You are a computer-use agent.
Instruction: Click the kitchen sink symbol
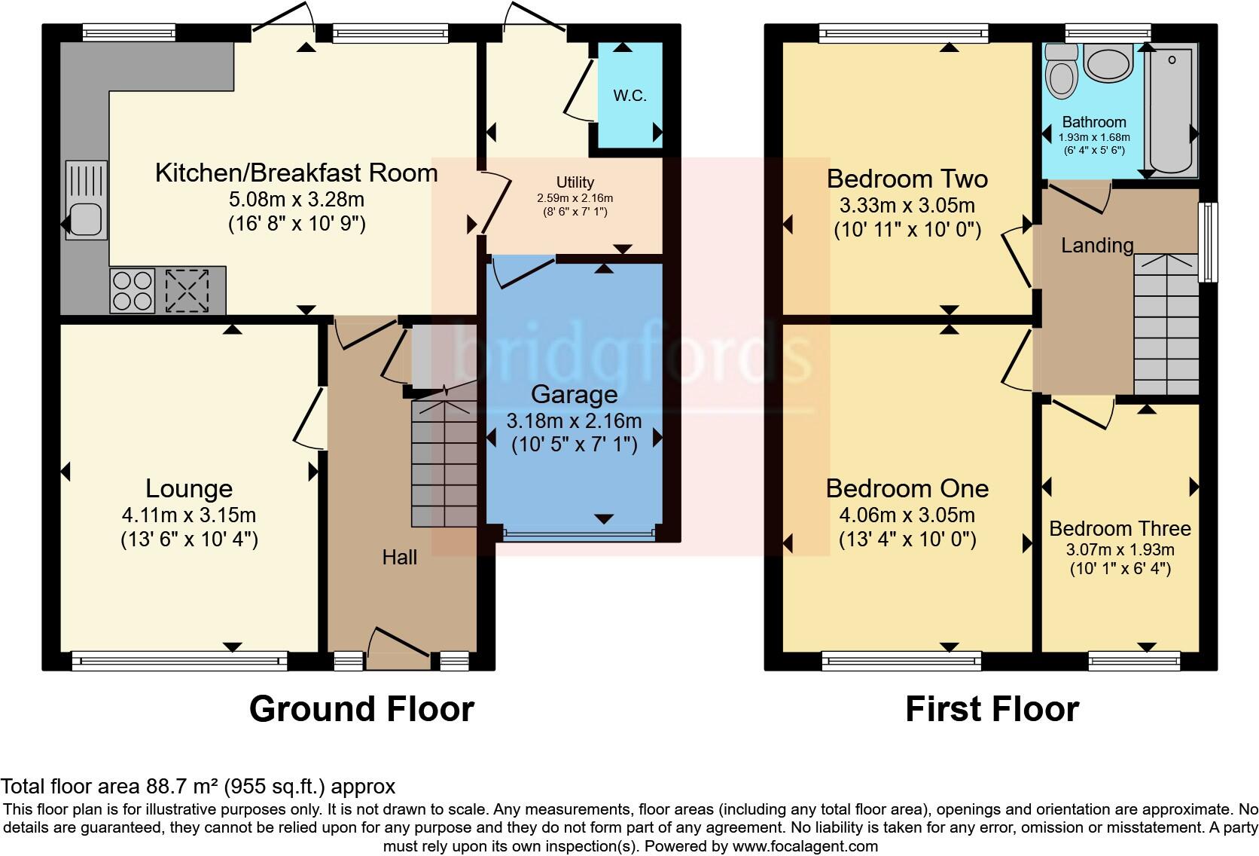coord(87,200)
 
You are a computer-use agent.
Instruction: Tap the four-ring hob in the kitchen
coord(133,291)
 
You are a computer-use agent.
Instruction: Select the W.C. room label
coord(629,96)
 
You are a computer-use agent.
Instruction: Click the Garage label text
coord(574,394)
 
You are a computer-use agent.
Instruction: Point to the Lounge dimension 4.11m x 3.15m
coord(189,515)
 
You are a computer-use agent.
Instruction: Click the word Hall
coord(399,558)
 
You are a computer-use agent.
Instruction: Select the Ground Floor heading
coord(361,709)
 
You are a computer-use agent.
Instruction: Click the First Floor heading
coord(992,709)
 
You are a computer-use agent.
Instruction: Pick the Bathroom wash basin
coord(1107,64)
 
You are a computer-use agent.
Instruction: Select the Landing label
coord(1096,245)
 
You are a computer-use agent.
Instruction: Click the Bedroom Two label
coord(907,179)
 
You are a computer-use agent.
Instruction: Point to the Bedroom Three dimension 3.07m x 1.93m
coord(1120,550)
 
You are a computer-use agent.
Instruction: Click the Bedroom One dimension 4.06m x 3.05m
coord(907,515)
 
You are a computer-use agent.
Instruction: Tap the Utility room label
coord(575,182)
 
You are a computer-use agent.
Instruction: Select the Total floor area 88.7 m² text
coord(197,787)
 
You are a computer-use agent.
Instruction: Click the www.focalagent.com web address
coord(805,846)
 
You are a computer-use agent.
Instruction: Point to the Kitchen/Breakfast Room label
coord(296,173)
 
